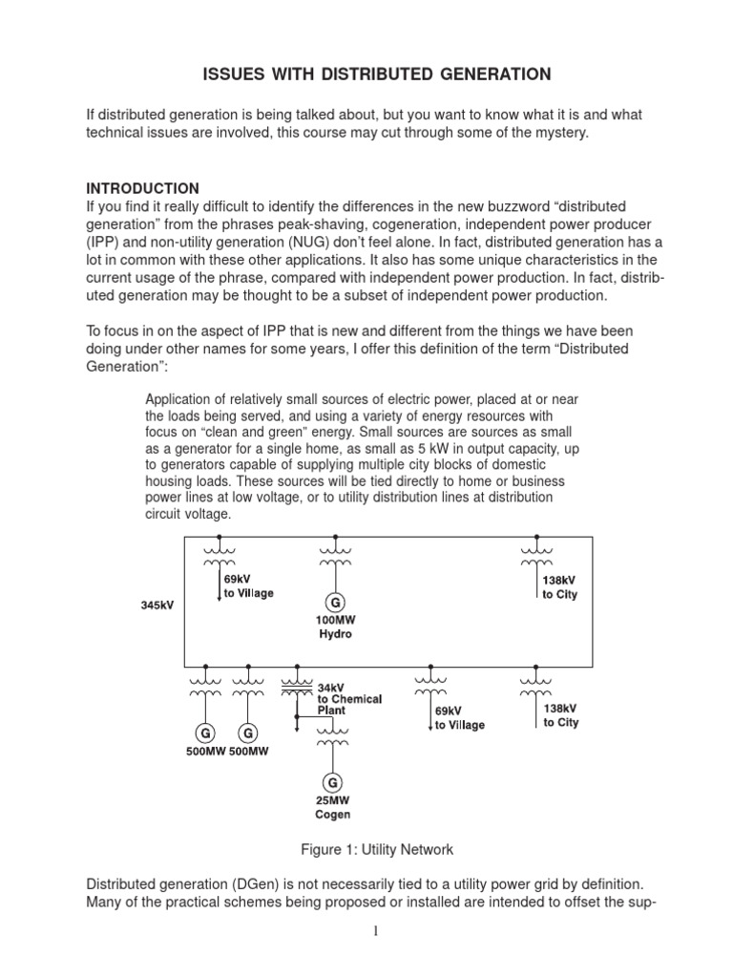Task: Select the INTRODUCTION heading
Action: tap(143, 188)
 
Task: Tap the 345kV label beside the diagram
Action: tap(157, 606)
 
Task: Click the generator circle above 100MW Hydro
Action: tap(335, 603)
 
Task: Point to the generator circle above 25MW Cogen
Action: tap(332, 781)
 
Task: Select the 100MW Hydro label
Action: tap(335, 627)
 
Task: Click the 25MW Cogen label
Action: tap(332, 808)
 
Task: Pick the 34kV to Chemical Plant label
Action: tap(349, 699)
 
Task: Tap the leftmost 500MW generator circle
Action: tap(205, 733)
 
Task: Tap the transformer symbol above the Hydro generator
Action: tap(335, 557)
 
